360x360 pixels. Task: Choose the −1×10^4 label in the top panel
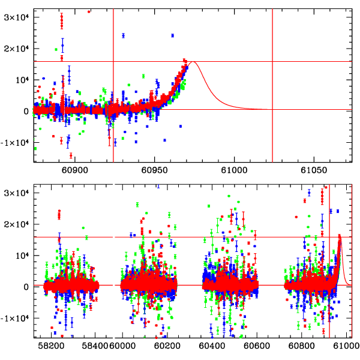(x=15, y=142)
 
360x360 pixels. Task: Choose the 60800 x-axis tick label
(x=301, y=347)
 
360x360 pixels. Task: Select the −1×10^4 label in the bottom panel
(x=15, y=318)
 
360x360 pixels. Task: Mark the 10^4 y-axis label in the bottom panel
(x=20, y=255)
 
